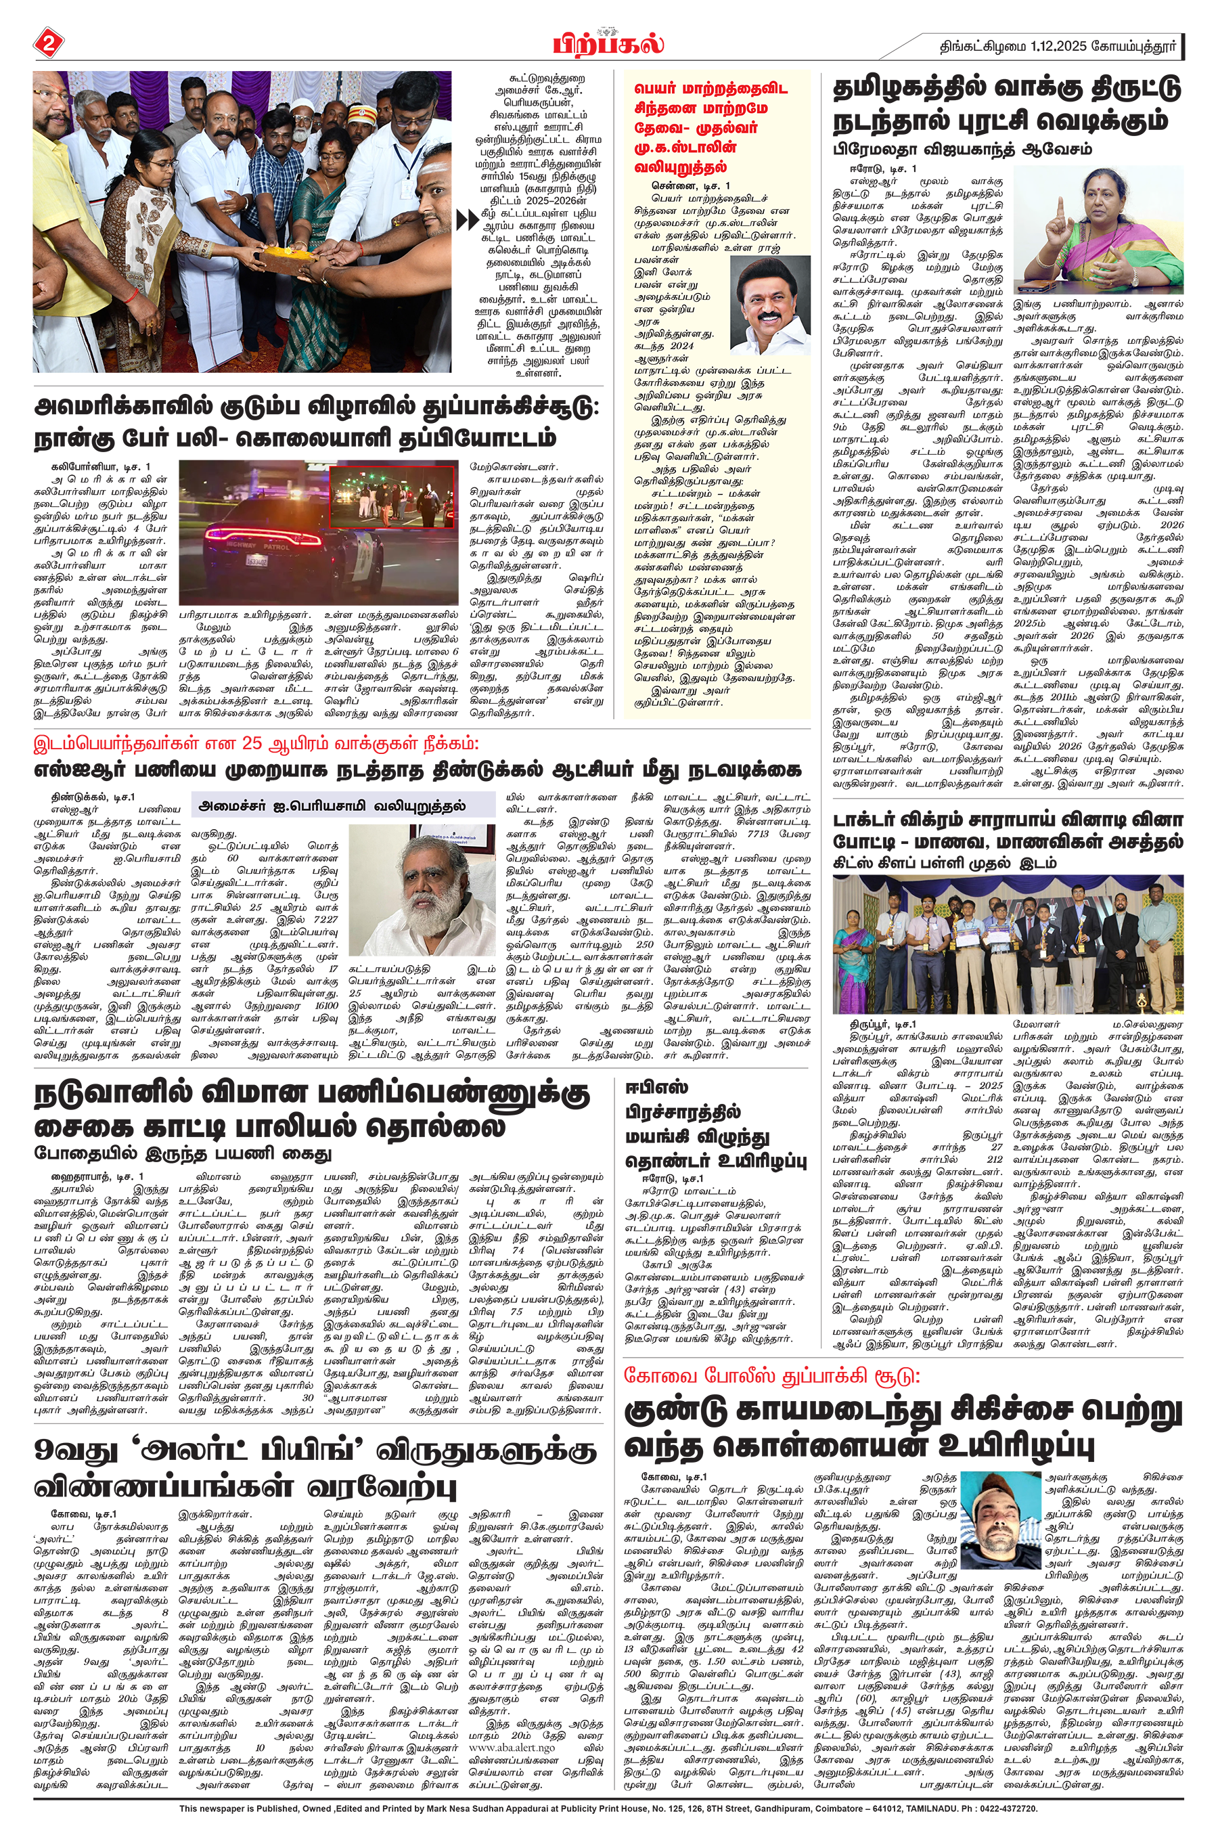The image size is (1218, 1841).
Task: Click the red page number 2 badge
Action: point(48,43)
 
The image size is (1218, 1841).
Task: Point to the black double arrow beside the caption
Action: point(468,221)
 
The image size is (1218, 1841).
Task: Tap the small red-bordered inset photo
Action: point(392,497)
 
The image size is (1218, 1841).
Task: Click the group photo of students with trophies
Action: point(1008,943)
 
